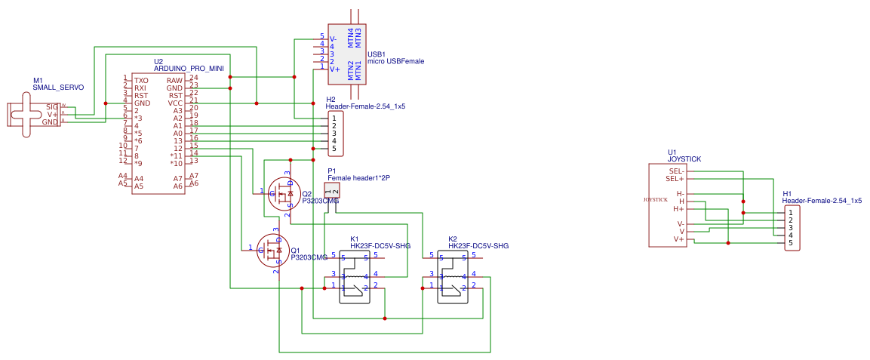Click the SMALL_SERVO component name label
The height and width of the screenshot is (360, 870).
[x=58, y=88]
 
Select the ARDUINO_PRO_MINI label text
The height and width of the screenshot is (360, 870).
[x=189, y=69]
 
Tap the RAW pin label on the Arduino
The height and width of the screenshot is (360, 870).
[x=174, y=80]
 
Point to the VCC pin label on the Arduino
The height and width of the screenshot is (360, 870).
[x=175, y=103]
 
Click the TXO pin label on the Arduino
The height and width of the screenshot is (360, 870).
[x=141, y=80]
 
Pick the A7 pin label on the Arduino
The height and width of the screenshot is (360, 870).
[x=178, y=177]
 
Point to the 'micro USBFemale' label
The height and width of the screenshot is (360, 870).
[x=395, y=61]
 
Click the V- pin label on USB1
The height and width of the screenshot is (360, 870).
[x=334, y=38]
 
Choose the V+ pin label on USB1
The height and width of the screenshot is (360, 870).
[x=334, y=69]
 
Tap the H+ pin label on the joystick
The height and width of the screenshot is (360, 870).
[x=678, y=208]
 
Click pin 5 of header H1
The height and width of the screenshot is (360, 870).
[x=791, y=242]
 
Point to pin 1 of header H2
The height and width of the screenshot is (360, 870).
[x=334, y=118]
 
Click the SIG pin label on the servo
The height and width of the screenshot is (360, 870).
[x=51, y=107]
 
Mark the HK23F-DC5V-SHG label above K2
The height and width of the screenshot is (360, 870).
[x=478, y=246]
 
